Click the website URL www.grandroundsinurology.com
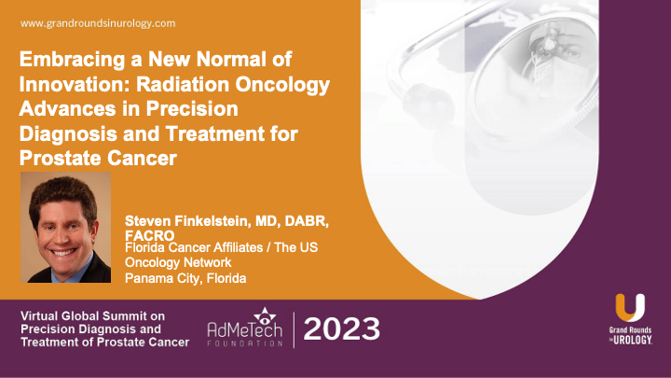click(98, 23)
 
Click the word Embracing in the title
click(72, 60)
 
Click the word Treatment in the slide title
click(215, 133)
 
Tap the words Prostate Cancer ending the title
click(98, 158)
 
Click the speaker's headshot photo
click(65, 227)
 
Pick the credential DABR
click(306, 221)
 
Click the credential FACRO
click(149, 235)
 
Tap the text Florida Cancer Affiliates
click(194, 247)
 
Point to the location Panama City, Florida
click(185, 278)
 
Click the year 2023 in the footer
click(341, 329)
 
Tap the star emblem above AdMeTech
click(265, 315)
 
